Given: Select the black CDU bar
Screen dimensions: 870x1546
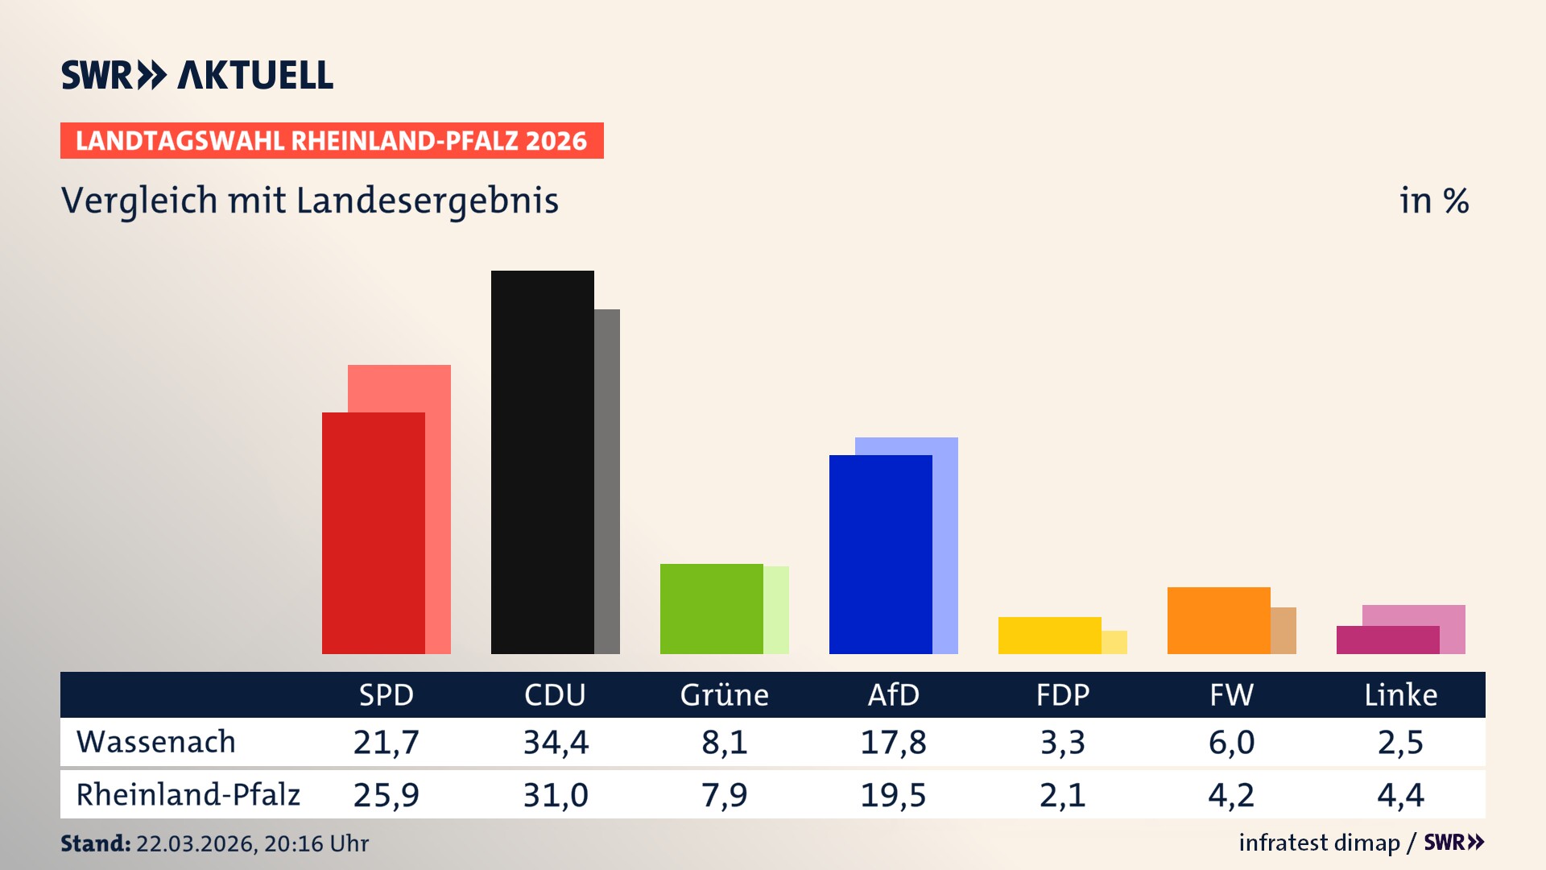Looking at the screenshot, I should pos(542,462).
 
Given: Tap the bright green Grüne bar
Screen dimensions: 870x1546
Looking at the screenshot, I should pos(711,608).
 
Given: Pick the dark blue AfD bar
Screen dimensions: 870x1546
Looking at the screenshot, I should pos(880,554).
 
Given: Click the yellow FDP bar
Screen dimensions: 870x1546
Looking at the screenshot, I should pos(1049,635).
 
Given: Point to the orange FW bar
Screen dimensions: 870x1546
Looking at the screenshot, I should pos(1218,620).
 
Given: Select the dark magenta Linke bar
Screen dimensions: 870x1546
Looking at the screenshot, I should pos(1387,640).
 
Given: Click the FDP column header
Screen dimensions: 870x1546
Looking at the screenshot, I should pos(1062,694).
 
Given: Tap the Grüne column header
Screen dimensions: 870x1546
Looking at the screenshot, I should pos(724,694).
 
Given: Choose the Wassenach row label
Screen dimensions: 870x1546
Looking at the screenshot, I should pos(155,742).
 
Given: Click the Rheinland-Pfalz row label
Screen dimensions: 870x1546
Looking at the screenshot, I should pos(188,795).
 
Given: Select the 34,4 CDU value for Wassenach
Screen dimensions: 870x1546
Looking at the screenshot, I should pos(556,742).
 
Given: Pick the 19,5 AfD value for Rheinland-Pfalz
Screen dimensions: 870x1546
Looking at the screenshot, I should pos(893,795).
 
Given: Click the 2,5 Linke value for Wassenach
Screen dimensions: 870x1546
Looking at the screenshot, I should pos(1400,742).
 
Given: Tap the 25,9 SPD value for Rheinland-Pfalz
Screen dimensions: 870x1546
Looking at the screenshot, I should pos(386,795).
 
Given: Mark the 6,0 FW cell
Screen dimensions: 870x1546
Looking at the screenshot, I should pos(1231,742).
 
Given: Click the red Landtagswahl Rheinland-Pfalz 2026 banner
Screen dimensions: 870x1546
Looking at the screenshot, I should pos(331,140).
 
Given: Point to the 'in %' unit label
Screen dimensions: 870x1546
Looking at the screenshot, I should pos(1433,201).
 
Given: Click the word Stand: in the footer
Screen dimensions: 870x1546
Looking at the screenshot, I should pos(95,843).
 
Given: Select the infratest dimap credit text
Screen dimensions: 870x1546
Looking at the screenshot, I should pos(1319,843).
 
